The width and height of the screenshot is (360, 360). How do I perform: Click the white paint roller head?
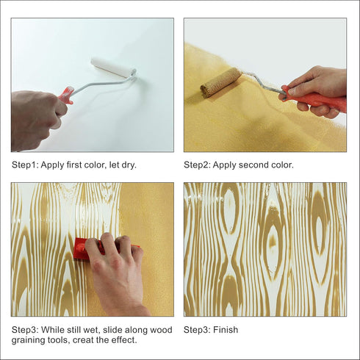pyautogui.click(x=114, y=67)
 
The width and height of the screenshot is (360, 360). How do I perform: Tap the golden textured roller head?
pyautogui.click(x=220, y=81)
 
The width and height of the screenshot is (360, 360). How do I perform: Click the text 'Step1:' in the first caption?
pyautogui.click(x=25, y=165)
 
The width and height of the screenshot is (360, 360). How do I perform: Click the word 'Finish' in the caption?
pyautogui.click(x=226, y=330)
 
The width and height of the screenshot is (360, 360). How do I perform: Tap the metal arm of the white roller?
pyautogui.click(x=103, y=84)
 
